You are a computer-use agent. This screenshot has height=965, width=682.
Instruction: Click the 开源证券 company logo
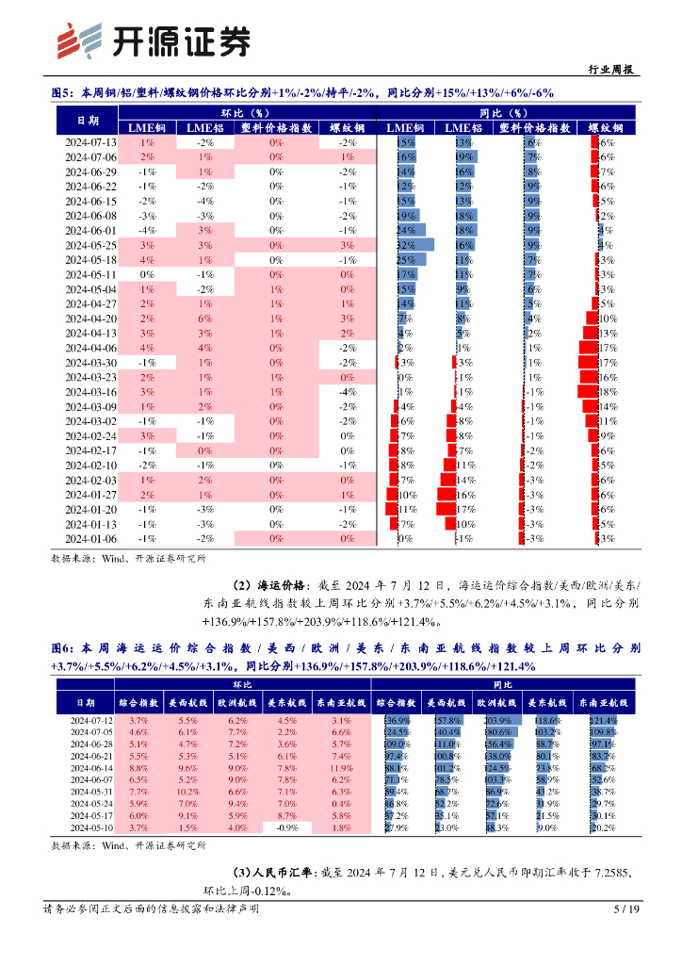pos(154,41)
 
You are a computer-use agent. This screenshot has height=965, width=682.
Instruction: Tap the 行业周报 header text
pos(609,69)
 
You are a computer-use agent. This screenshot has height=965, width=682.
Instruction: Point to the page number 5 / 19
pos(626,909)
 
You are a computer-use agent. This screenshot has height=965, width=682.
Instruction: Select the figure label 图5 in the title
pos(62,92)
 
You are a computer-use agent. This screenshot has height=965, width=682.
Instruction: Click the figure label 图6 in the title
pos(62,649)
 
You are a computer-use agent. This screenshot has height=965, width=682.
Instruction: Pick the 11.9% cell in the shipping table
pos(341,768)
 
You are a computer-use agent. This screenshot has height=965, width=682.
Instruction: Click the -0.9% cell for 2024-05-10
pos(286,828)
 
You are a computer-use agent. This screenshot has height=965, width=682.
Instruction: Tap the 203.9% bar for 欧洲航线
pos(494,721)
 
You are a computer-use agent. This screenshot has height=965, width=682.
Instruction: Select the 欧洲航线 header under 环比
pos(237,702)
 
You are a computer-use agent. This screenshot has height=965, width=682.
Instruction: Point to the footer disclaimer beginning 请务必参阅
pos(151,909)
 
